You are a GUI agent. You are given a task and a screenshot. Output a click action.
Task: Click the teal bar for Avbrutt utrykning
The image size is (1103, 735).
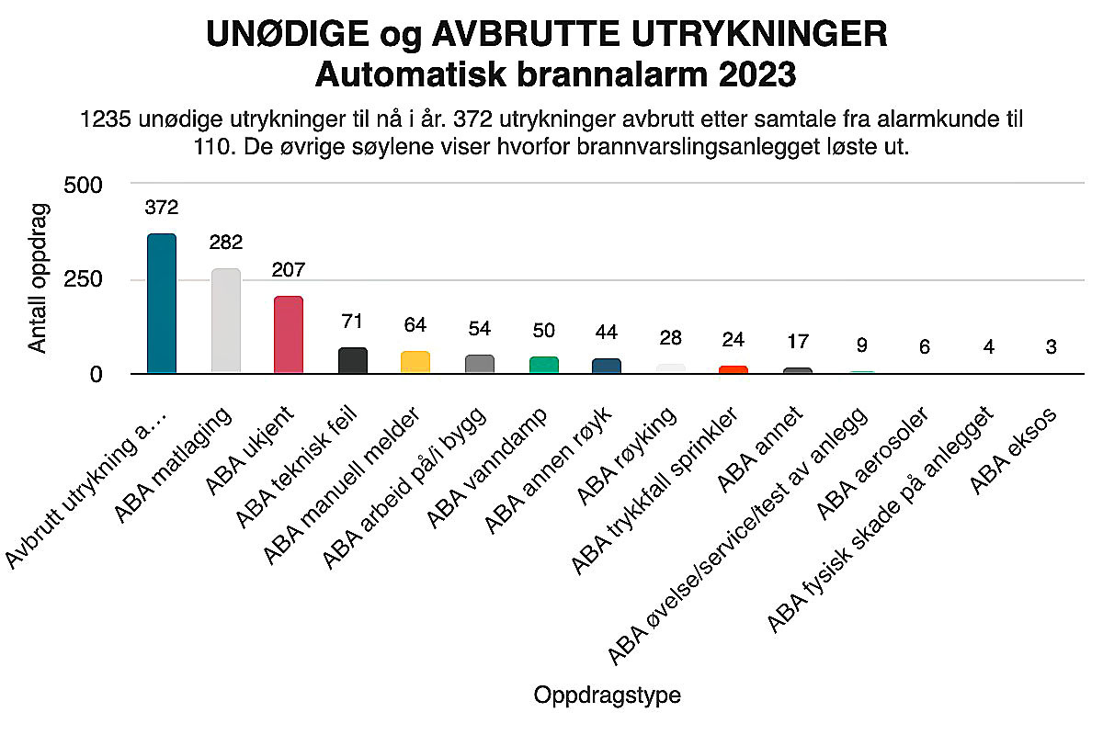162,303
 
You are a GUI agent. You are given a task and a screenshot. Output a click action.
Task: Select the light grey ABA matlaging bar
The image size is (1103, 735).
226,321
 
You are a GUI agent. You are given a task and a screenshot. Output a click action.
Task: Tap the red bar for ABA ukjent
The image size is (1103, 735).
289,334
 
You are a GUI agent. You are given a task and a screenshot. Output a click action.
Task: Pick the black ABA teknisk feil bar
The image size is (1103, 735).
353,360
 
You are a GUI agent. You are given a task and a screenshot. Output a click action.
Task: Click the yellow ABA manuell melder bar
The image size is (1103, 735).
415,362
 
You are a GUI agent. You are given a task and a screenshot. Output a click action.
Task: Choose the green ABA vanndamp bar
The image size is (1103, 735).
543,365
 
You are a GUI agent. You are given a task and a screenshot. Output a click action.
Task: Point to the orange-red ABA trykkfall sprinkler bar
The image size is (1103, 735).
733,369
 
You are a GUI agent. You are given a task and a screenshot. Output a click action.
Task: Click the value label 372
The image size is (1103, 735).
162,208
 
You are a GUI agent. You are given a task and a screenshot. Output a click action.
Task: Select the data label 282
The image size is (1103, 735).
226,243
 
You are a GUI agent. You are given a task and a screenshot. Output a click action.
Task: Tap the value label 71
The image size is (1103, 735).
352,322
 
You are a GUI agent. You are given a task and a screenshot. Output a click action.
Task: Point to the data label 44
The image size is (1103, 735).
606,333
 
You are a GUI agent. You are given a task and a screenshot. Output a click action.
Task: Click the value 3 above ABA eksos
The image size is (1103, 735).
1051,347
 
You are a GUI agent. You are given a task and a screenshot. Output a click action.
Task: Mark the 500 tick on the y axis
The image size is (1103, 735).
83,186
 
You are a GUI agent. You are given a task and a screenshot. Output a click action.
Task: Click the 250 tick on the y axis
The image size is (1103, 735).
83,279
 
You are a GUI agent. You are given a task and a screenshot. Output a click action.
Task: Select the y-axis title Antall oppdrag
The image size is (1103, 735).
38,278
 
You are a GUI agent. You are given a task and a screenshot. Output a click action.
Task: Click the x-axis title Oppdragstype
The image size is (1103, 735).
608,695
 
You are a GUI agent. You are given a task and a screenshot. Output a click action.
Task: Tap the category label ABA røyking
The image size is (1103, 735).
626,457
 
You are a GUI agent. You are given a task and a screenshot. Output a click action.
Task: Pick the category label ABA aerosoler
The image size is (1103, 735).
872,464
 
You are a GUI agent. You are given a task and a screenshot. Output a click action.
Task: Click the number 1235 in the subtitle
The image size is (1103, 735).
106,119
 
